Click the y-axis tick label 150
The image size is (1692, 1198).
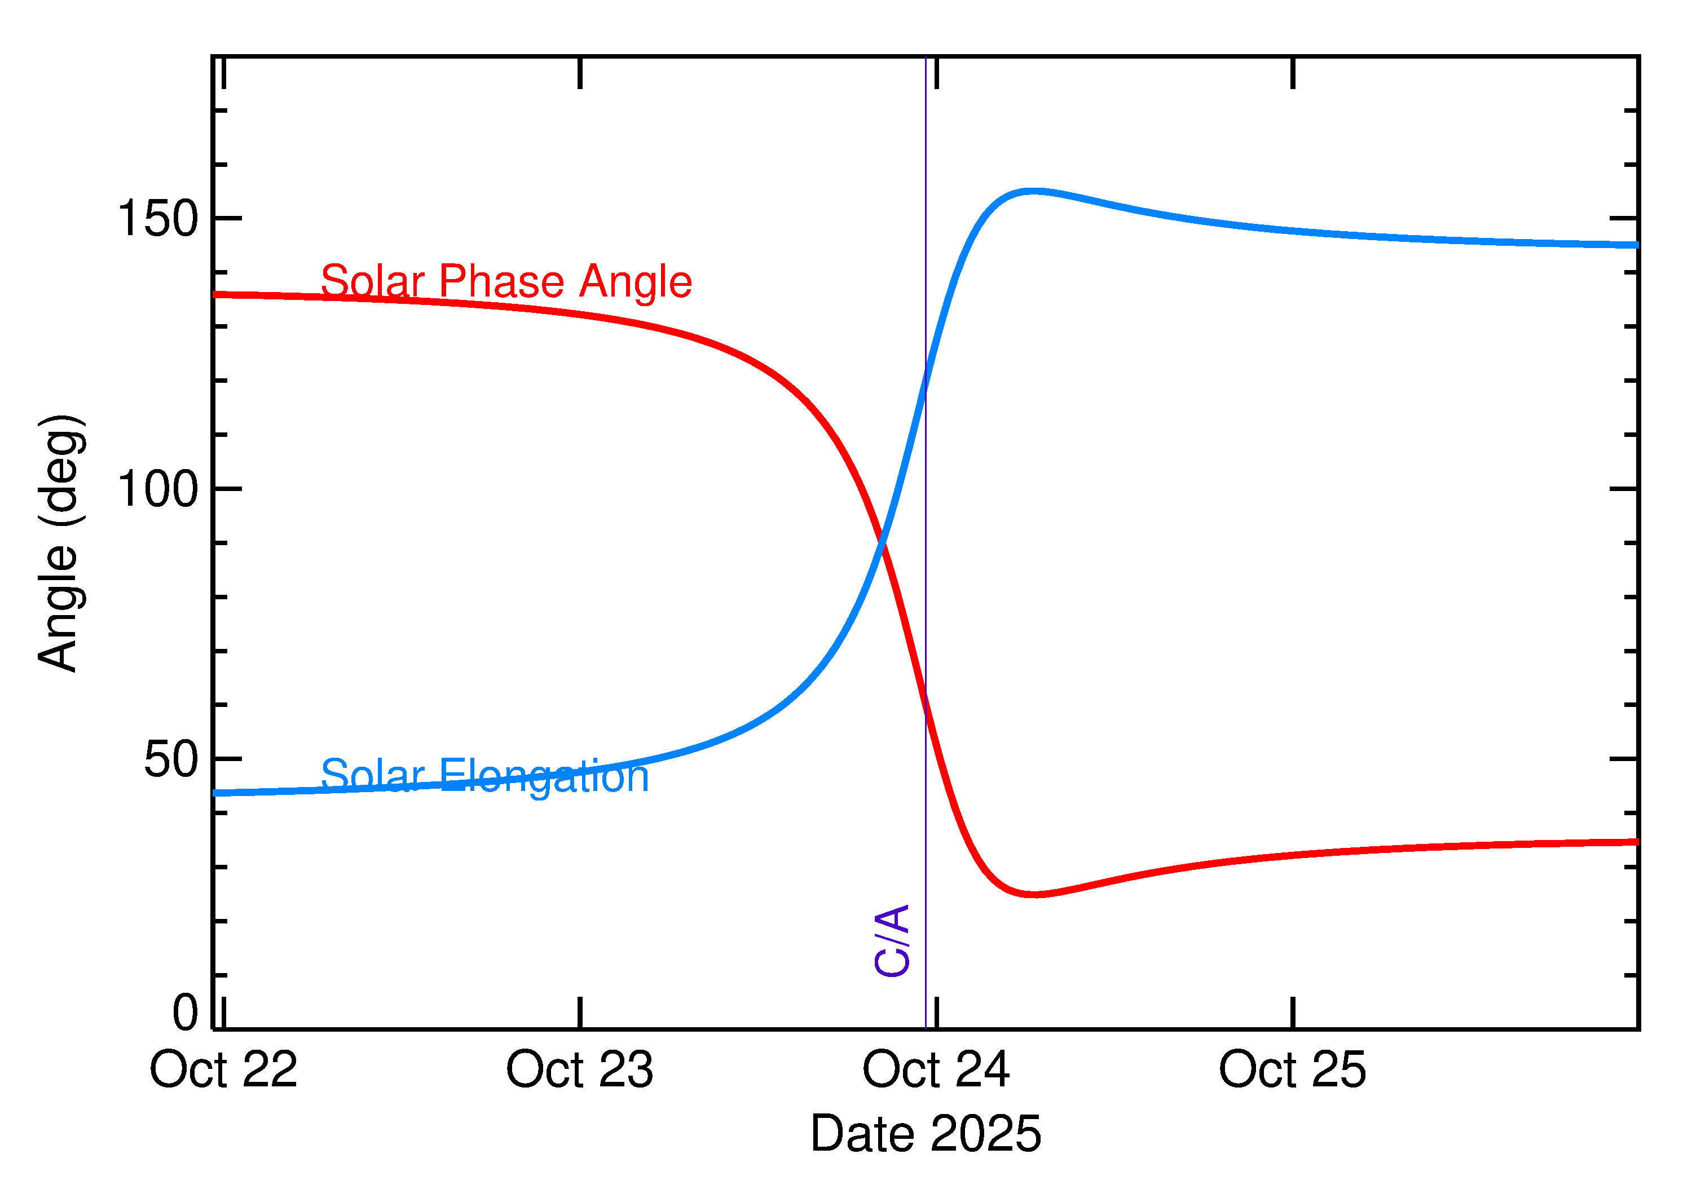[158, 219]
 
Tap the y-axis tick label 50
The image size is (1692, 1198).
[171, 759]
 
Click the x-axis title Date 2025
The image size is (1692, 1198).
[926, 1134]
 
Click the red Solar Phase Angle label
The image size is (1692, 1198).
[506, 281]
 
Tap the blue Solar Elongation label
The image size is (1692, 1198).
[485, 776]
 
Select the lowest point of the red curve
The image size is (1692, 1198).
[1036, 894]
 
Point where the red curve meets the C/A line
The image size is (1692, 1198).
[926, 708]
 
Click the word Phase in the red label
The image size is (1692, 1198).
[503, 281]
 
